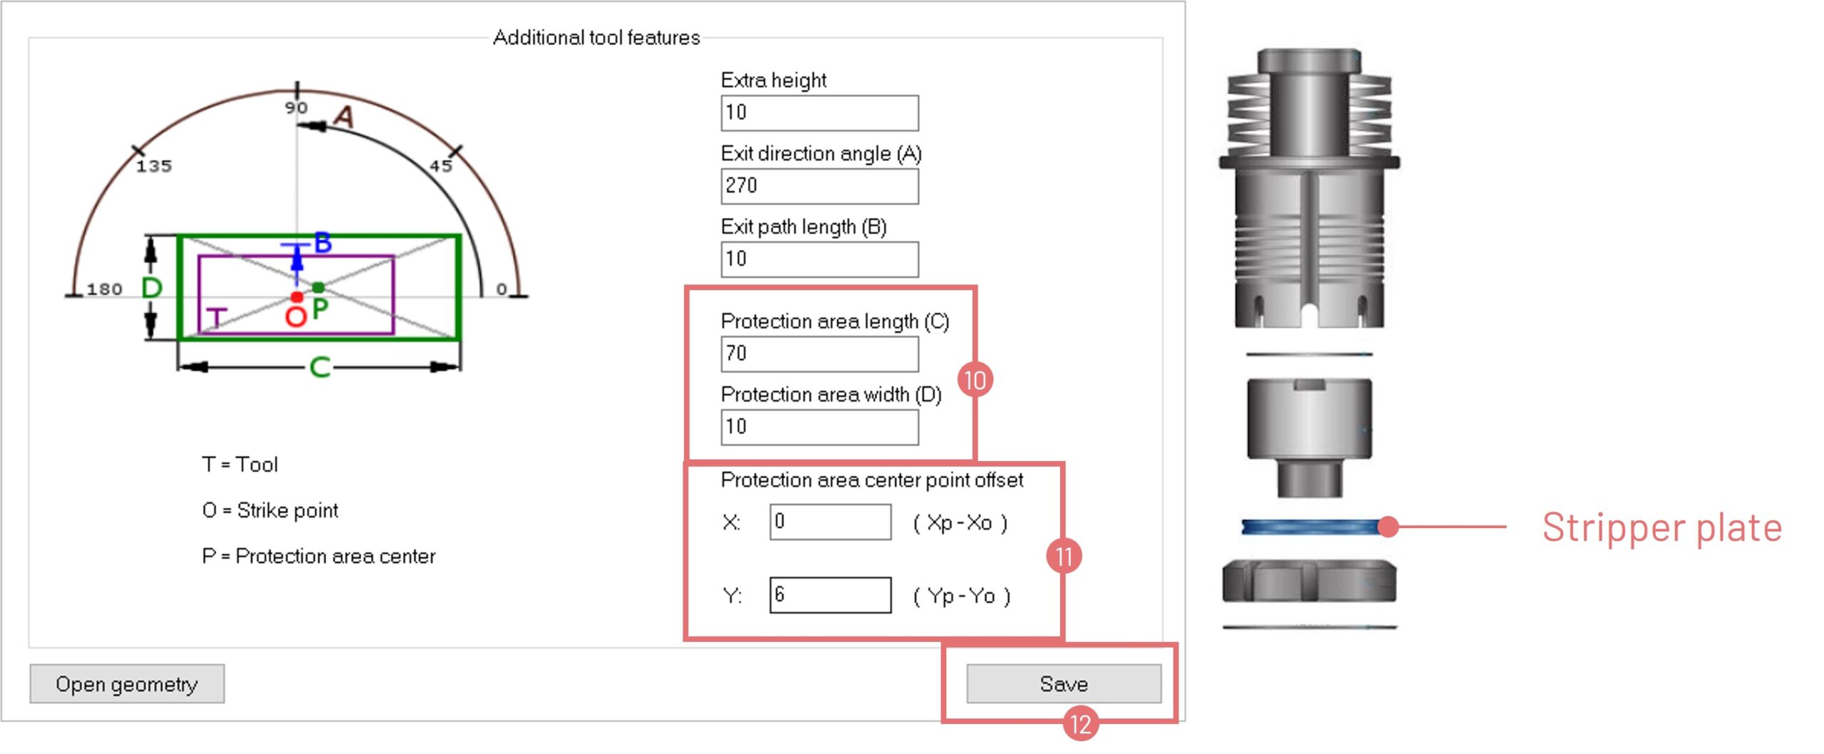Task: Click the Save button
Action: [1063, 684]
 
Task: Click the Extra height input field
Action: [819, 113]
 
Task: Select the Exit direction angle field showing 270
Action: [819, 186]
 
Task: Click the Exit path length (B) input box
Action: [819, 259]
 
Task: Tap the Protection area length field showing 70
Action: [819, 354]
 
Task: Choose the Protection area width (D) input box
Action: [819, 428]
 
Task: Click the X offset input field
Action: [830, 522]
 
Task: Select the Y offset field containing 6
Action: [830, 595]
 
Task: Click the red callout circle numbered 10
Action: [975, 380]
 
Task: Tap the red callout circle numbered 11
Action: [1064, 556]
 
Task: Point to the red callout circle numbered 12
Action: [1080, 724]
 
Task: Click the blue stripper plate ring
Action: [1310, 527]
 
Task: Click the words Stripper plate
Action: [1662, 528]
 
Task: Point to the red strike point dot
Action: [297, 296]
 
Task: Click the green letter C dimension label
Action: [320, 367]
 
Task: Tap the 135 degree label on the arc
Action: [154, 166]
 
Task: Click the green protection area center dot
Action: [318, 287]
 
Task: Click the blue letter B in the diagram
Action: [323, 242]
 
